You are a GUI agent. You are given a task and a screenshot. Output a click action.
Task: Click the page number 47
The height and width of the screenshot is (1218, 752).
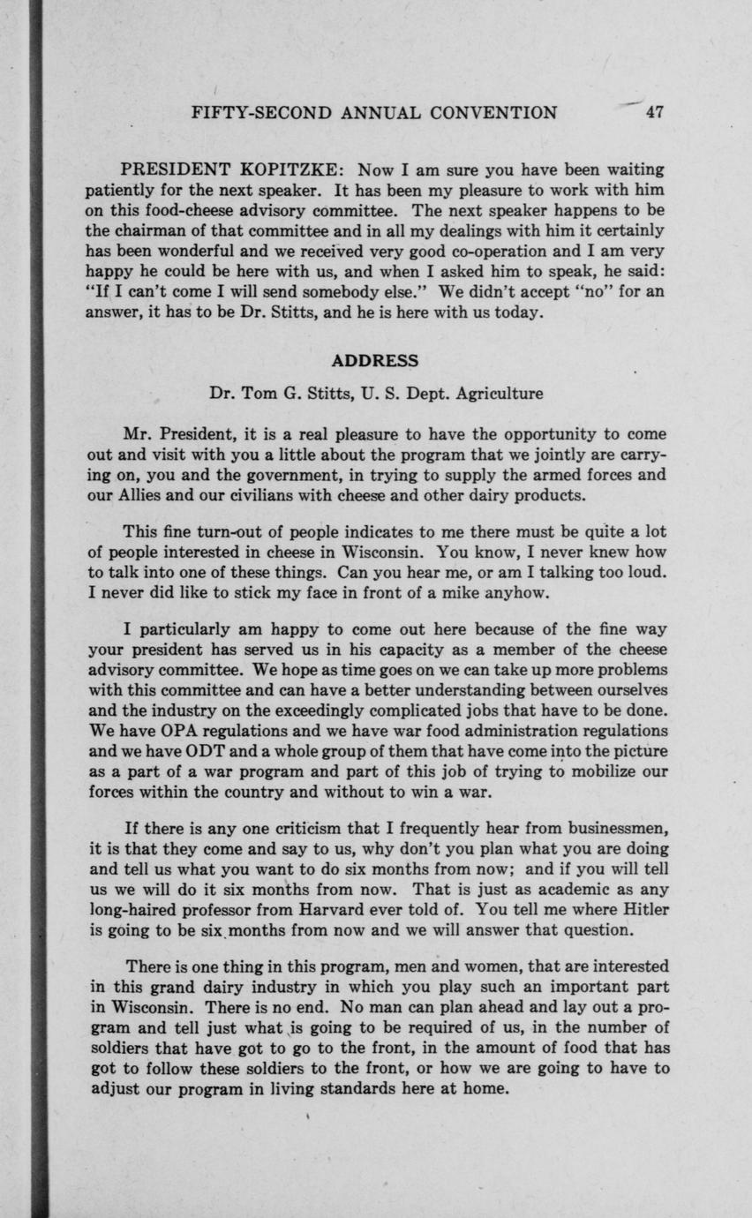[x=654, y=112]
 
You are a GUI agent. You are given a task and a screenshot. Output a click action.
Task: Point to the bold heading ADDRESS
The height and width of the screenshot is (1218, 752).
[x=375, y=360]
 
